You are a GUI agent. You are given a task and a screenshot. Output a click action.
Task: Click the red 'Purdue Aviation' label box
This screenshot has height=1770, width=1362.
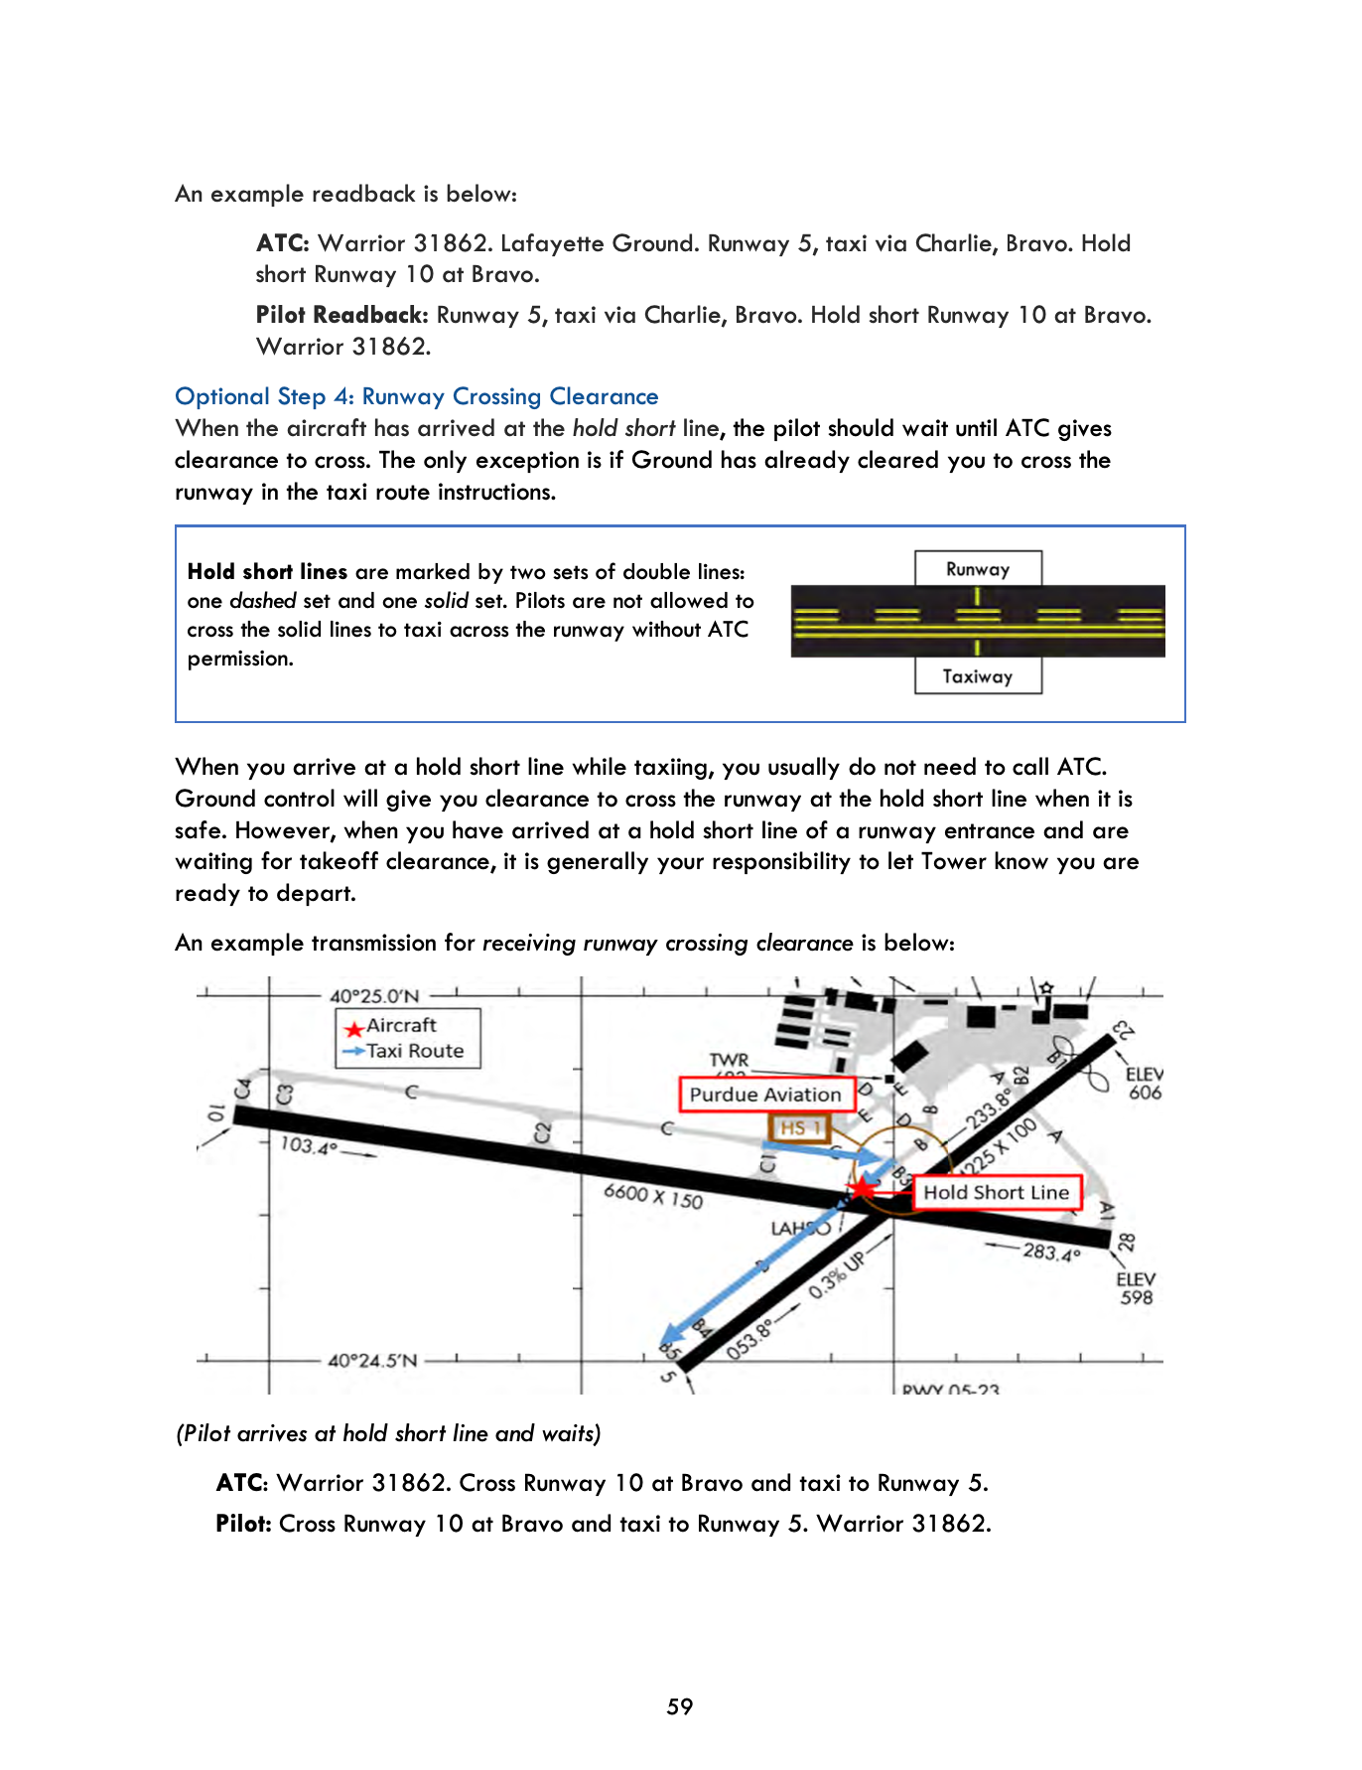coord(765,1095)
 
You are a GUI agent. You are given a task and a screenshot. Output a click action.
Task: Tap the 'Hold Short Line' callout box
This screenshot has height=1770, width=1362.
coord(996,1192)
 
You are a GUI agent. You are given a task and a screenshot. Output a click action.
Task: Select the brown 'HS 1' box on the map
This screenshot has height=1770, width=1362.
coord(799,1128)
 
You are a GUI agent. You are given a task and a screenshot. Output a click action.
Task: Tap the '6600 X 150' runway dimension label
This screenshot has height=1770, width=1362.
coord(653,1195)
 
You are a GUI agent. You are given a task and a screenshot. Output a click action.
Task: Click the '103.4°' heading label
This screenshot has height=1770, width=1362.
coord(309,1145)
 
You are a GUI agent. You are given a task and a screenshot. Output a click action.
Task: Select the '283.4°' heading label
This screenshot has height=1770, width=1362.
coord(1051,1252)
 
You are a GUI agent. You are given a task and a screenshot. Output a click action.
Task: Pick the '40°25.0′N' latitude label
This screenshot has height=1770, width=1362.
coord(374,995)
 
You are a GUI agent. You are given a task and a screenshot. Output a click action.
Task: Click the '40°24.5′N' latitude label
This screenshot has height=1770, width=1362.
coord(372,1360)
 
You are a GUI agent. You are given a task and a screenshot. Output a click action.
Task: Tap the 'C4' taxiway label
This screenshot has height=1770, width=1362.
coord(242,1089)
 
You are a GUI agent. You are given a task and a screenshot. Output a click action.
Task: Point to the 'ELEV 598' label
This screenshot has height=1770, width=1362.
coord(1136,1288)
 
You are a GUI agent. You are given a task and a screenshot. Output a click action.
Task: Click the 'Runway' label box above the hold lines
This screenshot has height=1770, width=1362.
coord(978,569)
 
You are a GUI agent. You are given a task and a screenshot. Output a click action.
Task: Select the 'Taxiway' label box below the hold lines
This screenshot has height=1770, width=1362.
coord(978,676)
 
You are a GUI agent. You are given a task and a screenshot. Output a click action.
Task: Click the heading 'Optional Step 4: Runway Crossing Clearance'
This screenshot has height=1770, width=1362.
coord(416,396)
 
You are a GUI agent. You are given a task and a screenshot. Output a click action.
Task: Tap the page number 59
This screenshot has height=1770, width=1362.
coord(680,1706)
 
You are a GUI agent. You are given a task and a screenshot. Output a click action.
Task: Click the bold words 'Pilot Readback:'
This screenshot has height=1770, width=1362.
coord(341,315)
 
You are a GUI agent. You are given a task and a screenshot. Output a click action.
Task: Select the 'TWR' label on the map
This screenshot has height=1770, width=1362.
coord(729,1061)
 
